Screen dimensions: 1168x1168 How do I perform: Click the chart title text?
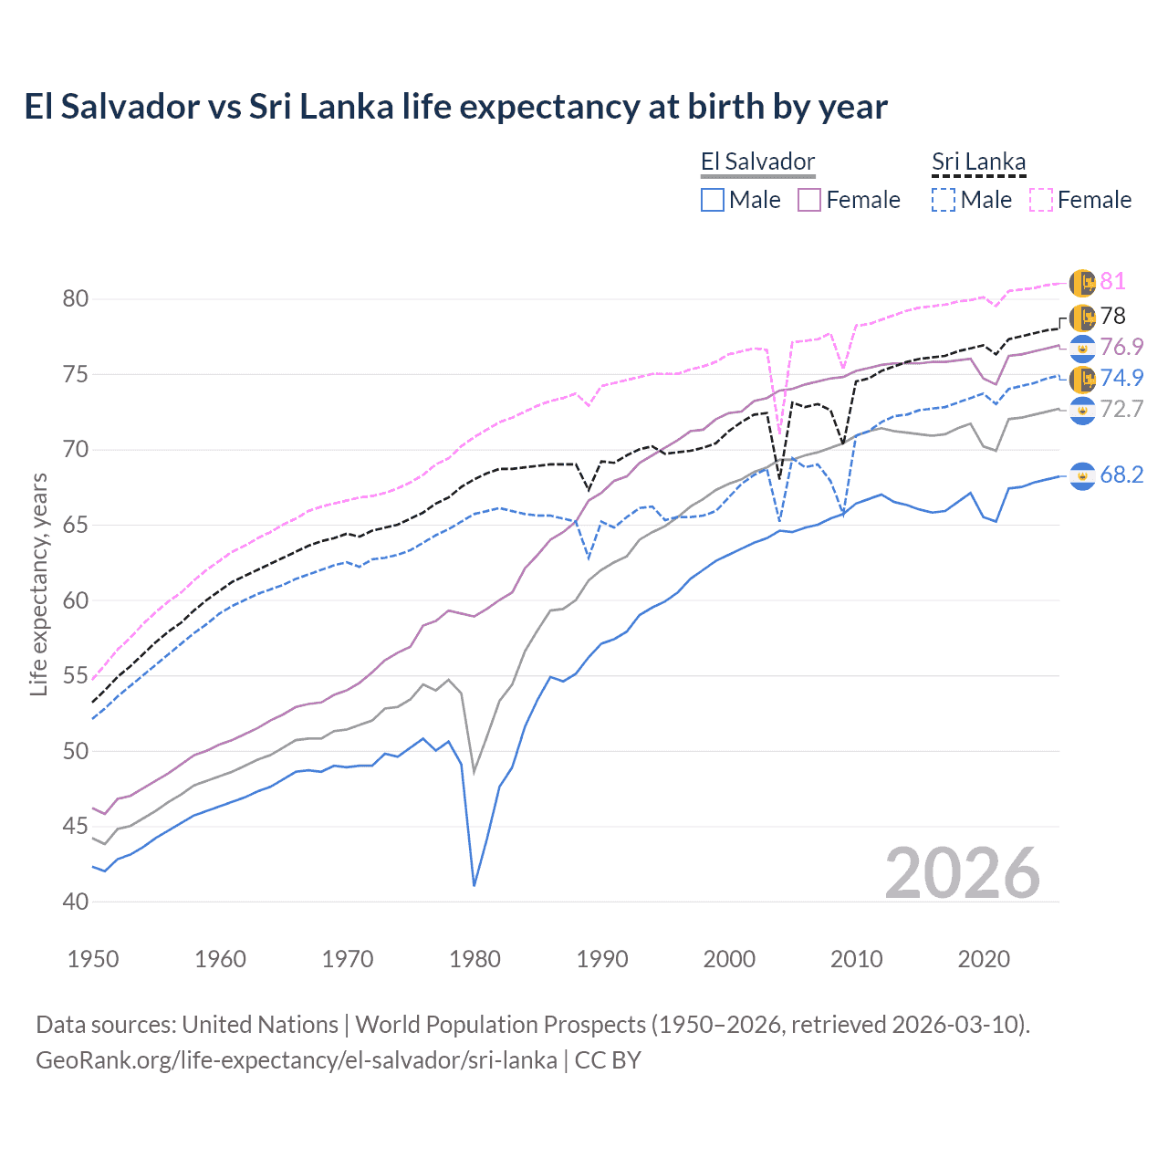[x=455, y=107]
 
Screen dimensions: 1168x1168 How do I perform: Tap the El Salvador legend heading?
[x=757, y=162]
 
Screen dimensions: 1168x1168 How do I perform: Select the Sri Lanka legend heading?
[x=978, y=162]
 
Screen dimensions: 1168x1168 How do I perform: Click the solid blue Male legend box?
[x=713, y=200]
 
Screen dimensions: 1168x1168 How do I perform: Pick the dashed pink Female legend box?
[x=1041, y=200]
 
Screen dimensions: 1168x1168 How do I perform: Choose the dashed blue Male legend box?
[x=944, y=200]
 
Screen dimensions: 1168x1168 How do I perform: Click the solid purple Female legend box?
[x=809, y=200]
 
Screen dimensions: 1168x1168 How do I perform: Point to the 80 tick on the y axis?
[x=76, y=299]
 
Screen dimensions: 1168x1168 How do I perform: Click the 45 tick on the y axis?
[x=76, y=827]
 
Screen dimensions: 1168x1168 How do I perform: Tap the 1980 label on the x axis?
[x=474, y=959]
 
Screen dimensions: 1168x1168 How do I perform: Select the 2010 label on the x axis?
[x=856, y=959]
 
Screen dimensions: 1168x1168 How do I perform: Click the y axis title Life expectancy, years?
[x=38, y=584]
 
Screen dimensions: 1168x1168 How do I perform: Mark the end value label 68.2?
[x=1121, y=475]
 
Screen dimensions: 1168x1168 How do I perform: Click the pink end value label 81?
[x=1112, y=282]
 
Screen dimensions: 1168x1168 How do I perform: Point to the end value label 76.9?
[x=1121, y=348]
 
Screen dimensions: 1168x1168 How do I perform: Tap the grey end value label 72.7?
[x=1121, y=410]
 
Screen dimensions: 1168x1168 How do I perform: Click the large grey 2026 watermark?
[x=963, y=873]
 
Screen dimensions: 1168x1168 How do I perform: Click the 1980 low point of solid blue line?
[x=474, y=885]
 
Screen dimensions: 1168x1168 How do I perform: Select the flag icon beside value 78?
[x=1082, y=318]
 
